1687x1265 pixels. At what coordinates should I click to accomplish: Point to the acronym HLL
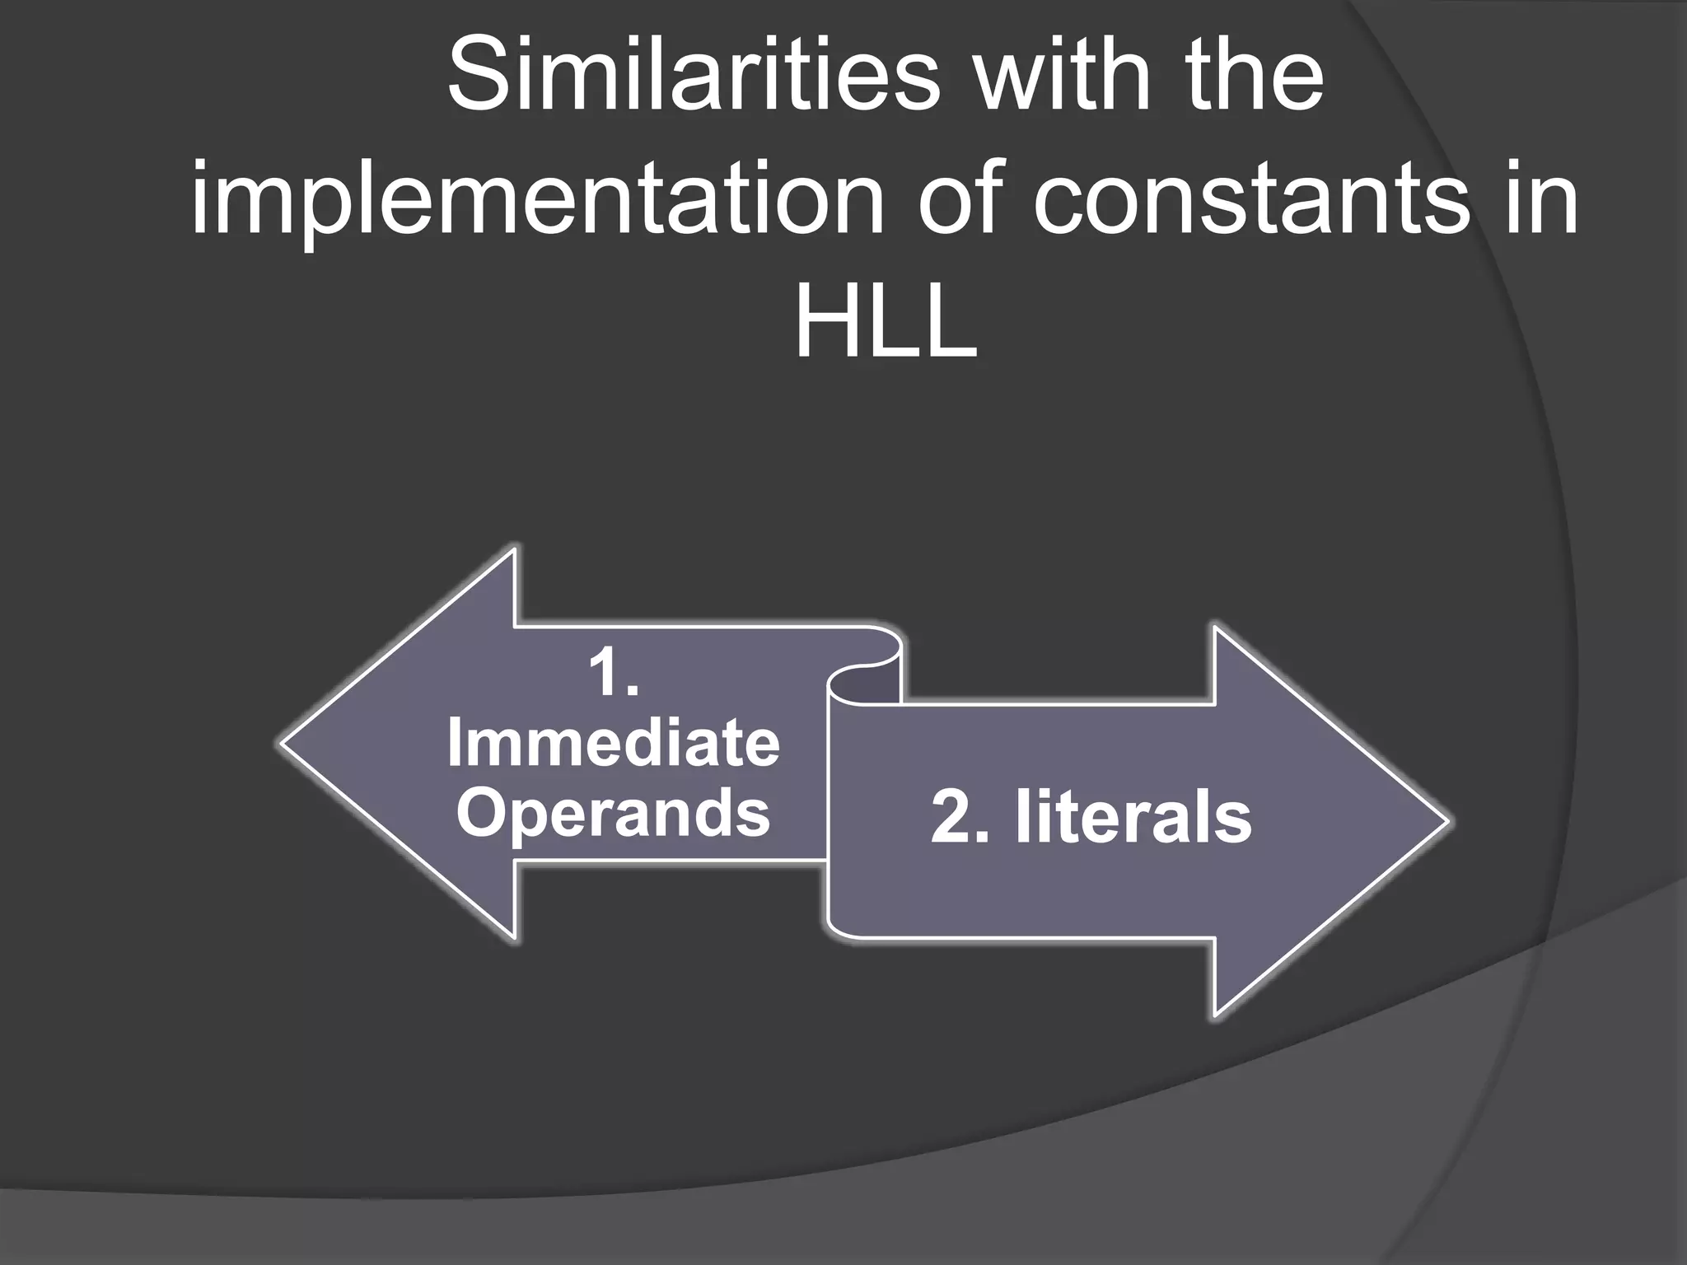click(x=886, y=324)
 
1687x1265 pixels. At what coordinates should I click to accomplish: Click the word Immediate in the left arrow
click(x=614, y=744)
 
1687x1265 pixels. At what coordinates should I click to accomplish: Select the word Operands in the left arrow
click(x=614, y=813)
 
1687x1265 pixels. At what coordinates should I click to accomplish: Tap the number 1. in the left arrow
click(x=614, y=674)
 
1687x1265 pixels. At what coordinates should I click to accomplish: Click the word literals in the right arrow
click(x=1133, y=818)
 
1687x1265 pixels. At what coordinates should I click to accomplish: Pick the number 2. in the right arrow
click(x=960, y=818)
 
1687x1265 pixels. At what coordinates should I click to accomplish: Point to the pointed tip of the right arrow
click(x=1445, y=822)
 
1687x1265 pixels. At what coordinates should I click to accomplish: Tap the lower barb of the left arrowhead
click(x=512, y=934)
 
